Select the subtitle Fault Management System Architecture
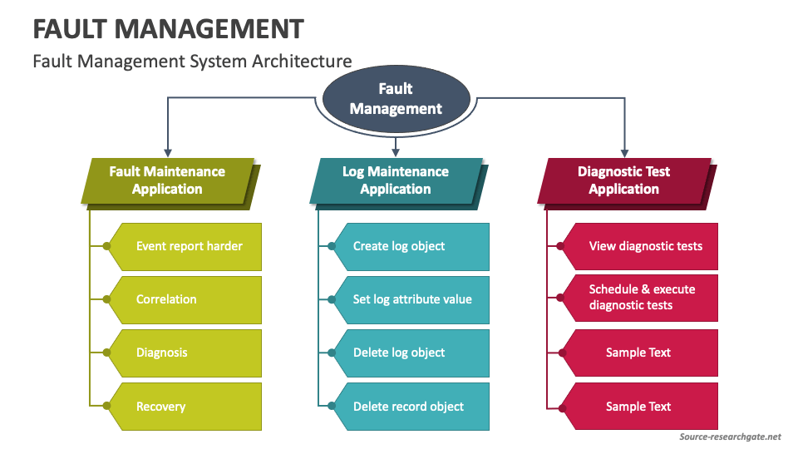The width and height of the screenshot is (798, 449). (x=192, y=61)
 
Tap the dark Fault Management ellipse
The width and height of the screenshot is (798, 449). (x=396, y=99)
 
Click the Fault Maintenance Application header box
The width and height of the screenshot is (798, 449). (x=167, y=180)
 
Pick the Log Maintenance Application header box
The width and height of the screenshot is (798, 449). (x=396, y=180)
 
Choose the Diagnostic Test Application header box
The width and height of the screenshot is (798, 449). (x=623, y=180)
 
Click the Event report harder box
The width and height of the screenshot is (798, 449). (x=190, y=246)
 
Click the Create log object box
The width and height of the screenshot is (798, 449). (x=411, y=246)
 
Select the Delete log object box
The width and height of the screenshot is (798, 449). (x=411, y=353)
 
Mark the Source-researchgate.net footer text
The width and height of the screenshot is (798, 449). (x=730, y=437)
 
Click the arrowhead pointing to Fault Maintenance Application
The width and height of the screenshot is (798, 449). (x=168, y=152)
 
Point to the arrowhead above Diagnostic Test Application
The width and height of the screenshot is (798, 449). (x=624, y=152)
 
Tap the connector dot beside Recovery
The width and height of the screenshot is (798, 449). (x=106, y=407)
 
